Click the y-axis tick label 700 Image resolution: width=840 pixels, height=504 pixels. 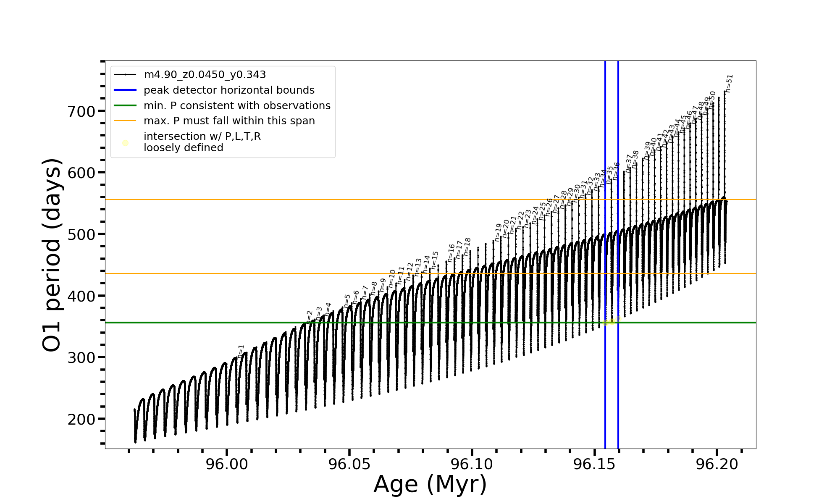(x=81, y=112)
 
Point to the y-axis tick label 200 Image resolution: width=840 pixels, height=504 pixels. (x=81, y=419)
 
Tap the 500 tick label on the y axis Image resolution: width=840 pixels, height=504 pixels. (x=81, y=235)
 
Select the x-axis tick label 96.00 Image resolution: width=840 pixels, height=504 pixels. (x=227, y=464)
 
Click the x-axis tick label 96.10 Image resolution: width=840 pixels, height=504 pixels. (x=472, y=464)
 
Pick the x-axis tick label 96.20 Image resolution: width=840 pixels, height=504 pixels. (x=717, y=464)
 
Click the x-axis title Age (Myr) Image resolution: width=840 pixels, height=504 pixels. (x=430, y=484)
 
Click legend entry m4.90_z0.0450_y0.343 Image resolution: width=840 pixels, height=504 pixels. (x=205, y=75)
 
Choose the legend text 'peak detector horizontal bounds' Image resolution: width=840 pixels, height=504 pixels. (x=229, y=90)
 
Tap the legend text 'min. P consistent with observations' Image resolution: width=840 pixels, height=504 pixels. (x=237, y=106)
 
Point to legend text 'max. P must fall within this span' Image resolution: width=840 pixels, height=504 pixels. (x=229, y=121)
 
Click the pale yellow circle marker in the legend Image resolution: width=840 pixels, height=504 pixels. (x=125, y=143)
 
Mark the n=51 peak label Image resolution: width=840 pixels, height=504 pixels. (x=729, y=83)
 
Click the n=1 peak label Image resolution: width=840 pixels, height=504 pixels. (x=241, y=351)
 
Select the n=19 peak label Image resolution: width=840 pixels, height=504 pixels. (x=498, y=232)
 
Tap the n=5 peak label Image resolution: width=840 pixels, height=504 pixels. (x=347, y=301)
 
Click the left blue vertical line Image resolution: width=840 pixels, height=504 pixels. (x=605, y=378)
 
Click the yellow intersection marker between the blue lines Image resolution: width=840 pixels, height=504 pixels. (x=612, y=322)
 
